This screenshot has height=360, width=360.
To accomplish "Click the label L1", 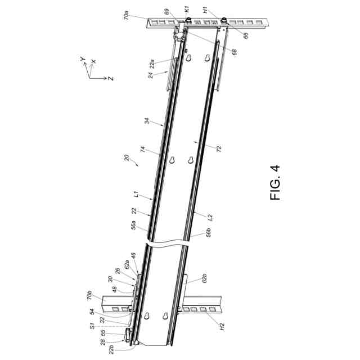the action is click(x=137, y=196).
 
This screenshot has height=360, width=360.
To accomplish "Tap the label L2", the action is click(x=210, y=217).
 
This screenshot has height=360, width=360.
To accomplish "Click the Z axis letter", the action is click(x=111, y=78).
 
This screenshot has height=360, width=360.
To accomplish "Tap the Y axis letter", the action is click(x=82, y=58).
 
